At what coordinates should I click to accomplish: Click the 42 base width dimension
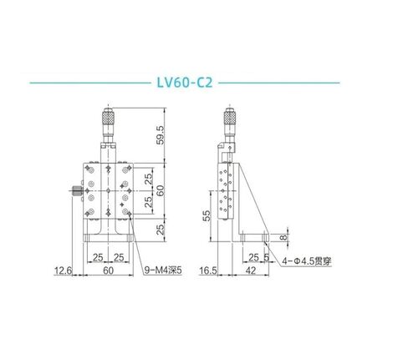tap(251, 270)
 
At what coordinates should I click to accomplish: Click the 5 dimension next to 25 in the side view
tap(265, 257)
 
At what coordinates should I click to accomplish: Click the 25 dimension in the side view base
tap(252, 257)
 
